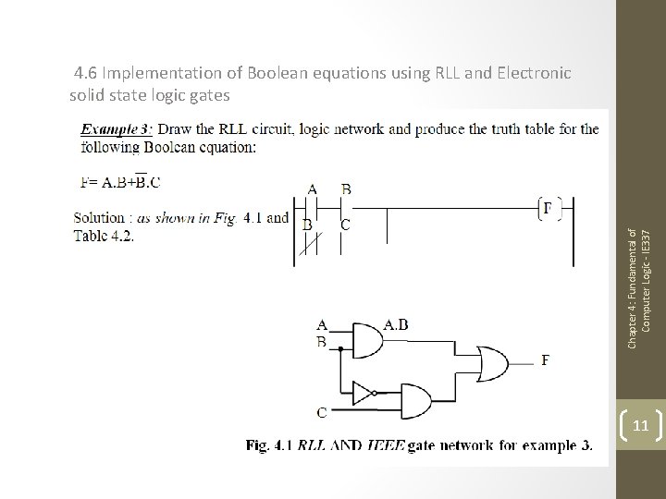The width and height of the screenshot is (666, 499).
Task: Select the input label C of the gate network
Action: [322, 412]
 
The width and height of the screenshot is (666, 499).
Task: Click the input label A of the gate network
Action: [322, 324]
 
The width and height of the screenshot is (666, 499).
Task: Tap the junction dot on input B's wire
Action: [340, 350]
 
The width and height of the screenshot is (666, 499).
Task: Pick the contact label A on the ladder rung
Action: [313, 190]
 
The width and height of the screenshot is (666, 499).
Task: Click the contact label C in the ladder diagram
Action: [345, 224]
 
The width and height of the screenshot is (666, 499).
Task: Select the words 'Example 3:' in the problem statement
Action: [117, 129]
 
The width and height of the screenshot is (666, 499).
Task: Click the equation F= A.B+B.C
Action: [120, 182]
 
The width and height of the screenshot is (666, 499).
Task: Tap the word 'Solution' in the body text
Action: [99, 217]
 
